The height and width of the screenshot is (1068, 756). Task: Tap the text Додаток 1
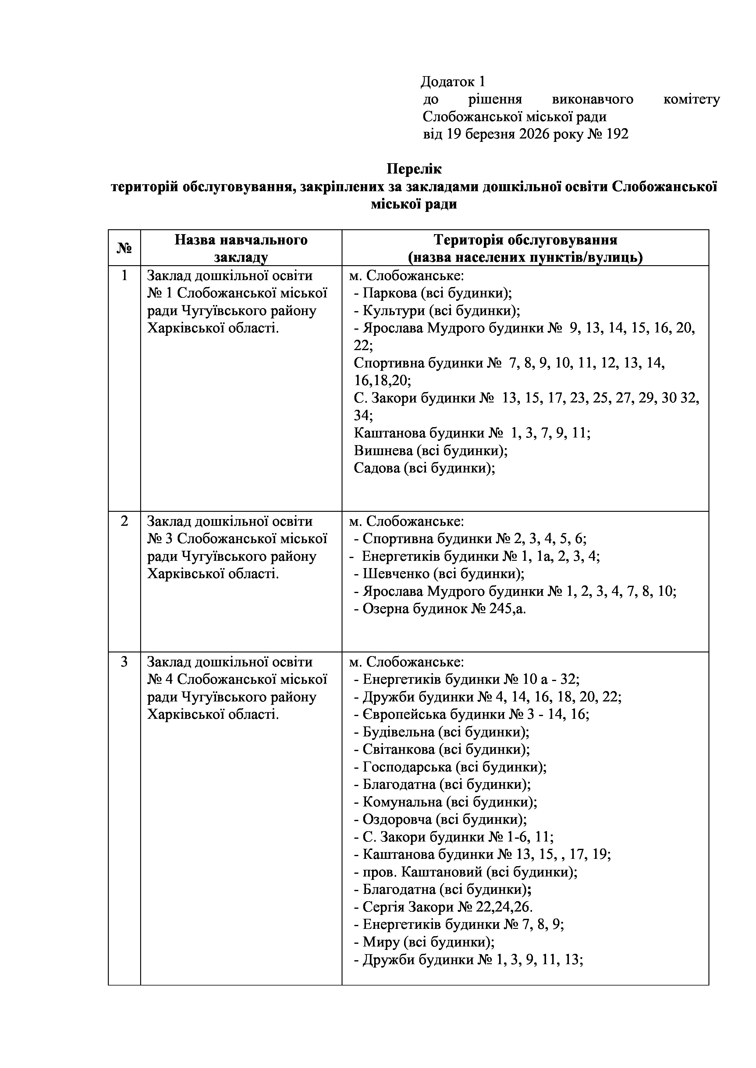[x=453, y=82]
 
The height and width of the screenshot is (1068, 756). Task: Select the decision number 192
[x=618, y=135]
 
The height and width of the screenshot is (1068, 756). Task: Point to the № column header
[x=124, y=248]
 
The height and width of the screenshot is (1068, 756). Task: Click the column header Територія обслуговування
[x=525, y=240]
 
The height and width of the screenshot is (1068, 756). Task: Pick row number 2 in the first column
[x=124, y=522]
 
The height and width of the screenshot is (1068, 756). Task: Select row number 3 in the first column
[x=124, y=662]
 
